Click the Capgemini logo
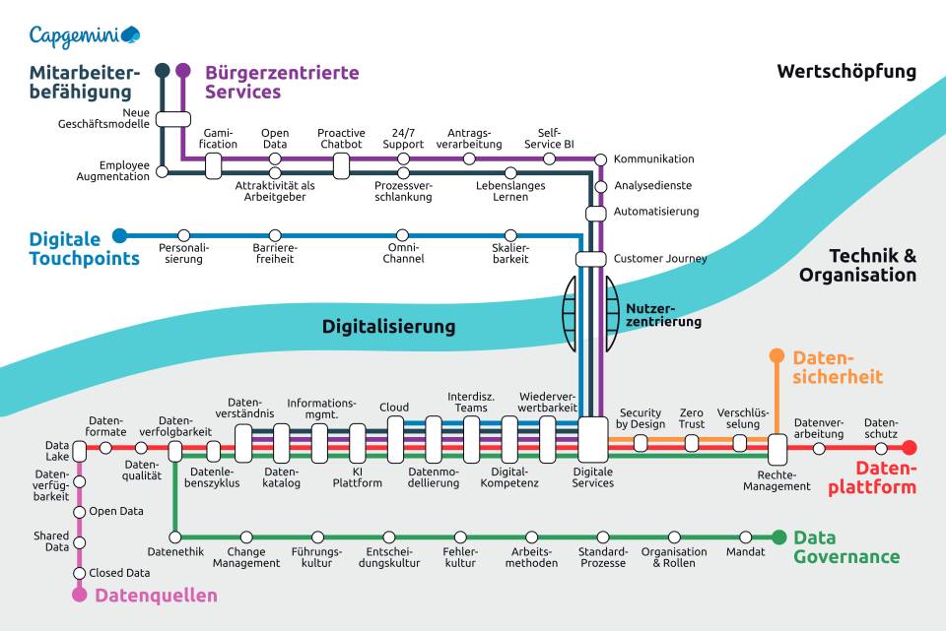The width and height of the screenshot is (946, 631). [84, 35]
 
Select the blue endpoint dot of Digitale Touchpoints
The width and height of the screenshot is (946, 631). [120, 235]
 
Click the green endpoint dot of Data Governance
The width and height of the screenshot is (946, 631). [778, 536]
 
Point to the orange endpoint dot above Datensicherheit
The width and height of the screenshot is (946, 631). [777, 356]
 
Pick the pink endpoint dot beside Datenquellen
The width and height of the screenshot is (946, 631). [80, 595]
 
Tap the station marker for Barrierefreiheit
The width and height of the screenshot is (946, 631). [275, 236]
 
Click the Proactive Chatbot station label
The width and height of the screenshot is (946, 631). [341, 139]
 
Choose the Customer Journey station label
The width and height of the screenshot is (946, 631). [660, 259]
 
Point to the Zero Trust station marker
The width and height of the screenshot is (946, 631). [692, 442]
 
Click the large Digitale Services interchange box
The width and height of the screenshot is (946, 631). [593, 439]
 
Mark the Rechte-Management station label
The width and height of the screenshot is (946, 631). [777, 480]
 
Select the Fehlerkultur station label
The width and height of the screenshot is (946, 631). [460, 557]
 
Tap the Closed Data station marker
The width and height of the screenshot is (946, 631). [80, 573]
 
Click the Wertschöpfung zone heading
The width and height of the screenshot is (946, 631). [846, 72]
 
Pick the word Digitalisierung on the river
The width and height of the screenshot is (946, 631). [389, 327]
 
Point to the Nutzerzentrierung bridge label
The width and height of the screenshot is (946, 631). [664, 315]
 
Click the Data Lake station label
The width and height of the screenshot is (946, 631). [57, 450]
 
